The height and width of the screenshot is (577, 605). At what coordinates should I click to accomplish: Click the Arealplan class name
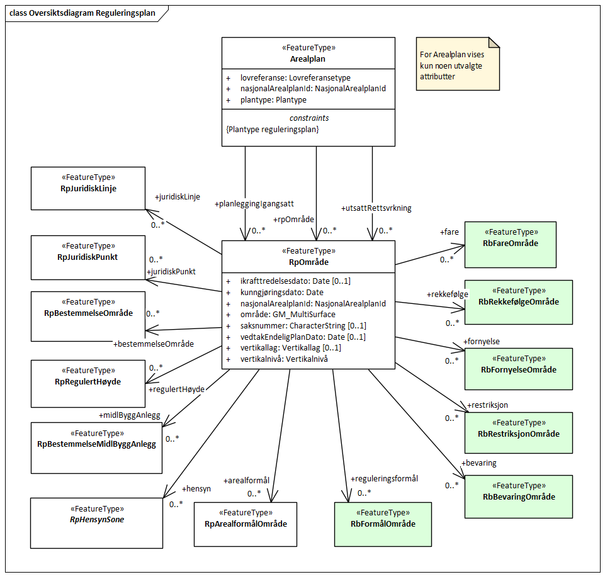pos(308,59)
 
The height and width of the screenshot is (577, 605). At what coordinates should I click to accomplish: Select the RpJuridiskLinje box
pos(88,188)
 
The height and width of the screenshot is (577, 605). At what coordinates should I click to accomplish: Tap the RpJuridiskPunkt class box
pos(88,257)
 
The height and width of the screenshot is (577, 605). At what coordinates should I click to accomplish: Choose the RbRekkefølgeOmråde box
pos(518,302)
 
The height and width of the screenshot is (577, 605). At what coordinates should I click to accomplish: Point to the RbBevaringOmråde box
pos(518,496)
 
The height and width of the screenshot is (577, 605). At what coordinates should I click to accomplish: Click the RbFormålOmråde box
pos(383,524)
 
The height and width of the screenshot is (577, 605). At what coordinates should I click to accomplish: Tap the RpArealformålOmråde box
pos(245,524)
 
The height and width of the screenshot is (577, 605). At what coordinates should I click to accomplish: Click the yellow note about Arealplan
pos(458,65)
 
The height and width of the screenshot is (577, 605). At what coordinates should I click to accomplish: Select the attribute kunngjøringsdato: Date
pos(281,292)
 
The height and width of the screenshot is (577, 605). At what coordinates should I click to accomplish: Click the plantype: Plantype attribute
pos(273,100)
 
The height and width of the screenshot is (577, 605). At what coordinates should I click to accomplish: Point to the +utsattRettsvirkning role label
pos(376,208)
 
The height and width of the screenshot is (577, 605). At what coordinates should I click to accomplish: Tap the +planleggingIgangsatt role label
pos(254,204)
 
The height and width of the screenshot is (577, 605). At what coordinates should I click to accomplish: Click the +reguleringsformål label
pos(385,479)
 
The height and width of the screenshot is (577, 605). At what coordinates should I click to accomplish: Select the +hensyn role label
pos(196,488)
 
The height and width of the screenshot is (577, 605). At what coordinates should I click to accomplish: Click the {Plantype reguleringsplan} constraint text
pos(272,129)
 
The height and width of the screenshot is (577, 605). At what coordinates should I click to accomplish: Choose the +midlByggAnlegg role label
pos(130,415)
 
